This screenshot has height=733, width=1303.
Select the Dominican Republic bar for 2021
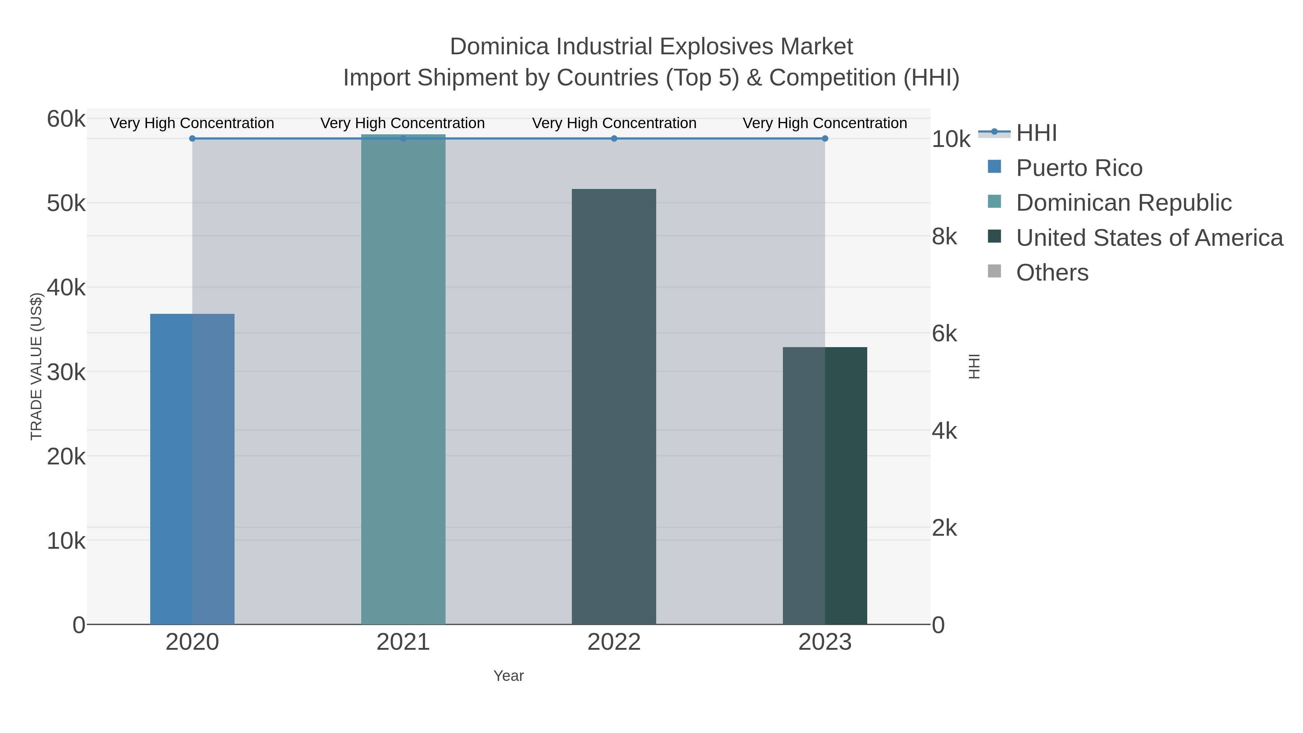(403, 379)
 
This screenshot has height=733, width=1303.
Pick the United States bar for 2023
(825, 486)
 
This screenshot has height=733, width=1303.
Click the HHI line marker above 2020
(192, 139)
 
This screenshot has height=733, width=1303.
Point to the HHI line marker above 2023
(825, 139)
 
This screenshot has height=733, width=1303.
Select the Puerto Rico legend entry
(1079, 168)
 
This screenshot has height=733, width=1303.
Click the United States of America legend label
(1149, 238)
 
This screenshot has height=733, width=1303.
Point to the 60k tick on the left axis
(66, 119)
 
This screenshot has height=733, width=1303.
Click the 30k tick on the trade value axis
(66, 372)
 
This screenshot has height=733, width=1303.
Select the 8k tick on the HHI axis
(944, 237)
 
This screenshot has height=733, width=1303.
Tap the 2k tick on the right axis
(944, 528)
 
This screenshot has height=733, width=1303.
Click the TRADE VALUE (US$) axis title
(37, 366)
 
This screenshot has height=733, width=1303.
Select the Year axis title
(509, 676)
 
